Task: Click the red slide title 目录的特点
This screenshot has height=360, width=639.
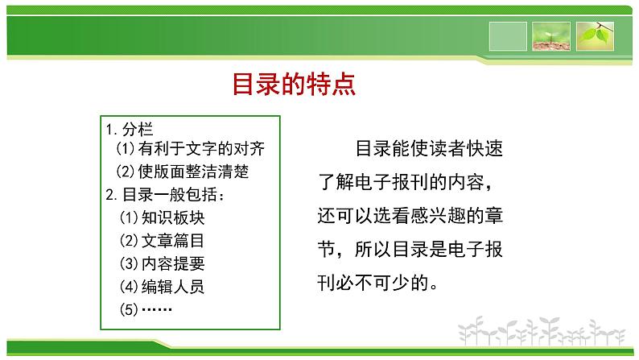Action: (294, 84)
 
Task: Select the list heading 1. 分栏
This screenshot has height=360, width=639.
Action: (130, 130)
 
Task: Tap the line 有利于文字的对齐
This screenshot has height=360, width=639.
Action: (201, 148)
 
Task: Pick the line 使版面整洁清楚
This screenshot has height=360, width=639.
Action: (193, 172)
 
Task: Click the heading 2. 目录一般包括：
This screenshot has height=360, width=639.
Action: (165, 194)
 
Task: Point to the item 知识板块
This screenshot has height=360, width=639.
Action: (173, 217)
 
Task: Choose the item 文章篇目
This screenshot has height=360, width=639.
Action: (173, 241)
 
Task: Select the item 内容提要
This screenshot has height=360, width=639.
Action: (173, 264)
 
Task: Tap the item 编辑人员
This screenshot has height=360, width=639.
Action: (173, 287)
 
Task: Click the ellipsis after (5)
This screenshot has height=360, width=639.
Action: (156, 310)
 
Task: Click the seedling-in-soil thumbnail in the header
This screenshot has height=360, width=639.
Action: (551, 36)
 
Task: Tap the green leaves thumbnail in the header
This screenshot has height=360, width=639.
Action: (595, 36)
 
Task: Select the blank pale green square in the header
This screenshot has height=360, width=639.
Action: (508, 36)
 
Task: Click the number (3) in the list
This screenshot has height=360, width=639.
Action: (129, 264)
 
